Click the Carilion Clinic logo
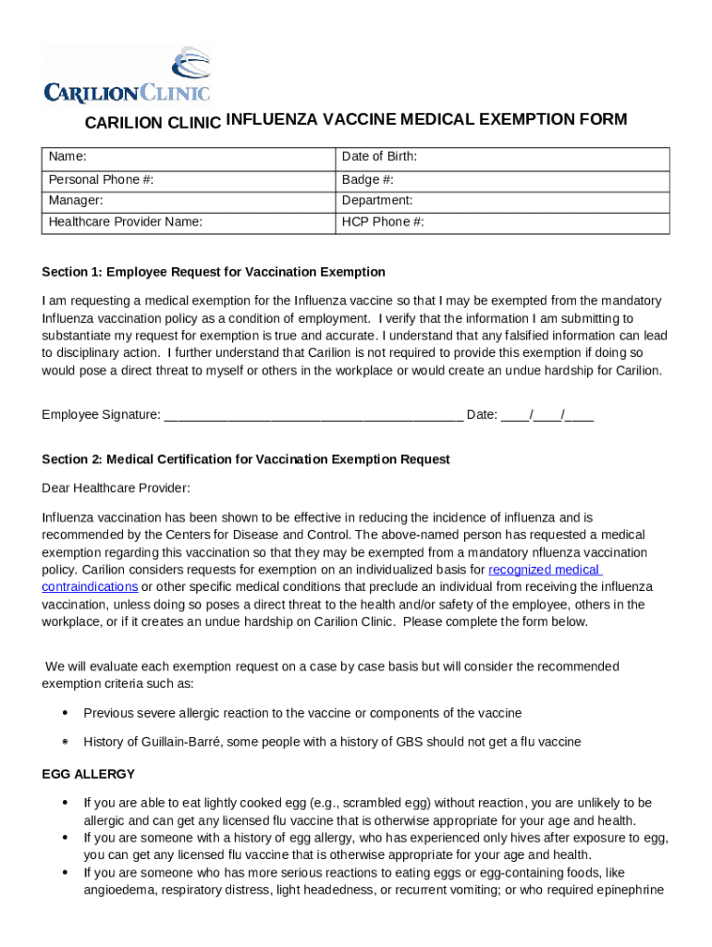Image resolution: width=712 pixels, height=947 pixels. [x=128, y=74]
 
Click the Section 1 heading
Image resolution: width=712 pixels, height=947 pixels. [x=214, y=272]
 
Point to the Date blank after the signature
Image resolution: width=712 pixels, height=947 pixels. [x=546, y=415]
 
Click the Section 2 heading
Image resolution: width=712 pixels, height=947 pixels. [x=246, y=460]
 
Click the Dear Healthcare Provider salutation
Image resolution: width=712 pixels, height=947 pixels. [x=116, y=488]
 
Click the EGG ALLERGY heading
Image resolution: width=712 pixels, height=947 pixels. [x=89, y=774]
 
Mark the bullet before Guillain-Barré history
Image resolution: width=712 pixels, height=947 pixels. [x=65, y=743]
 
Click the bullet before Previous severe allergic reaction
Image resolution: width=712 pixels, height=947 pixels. [x=65, y=713]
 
